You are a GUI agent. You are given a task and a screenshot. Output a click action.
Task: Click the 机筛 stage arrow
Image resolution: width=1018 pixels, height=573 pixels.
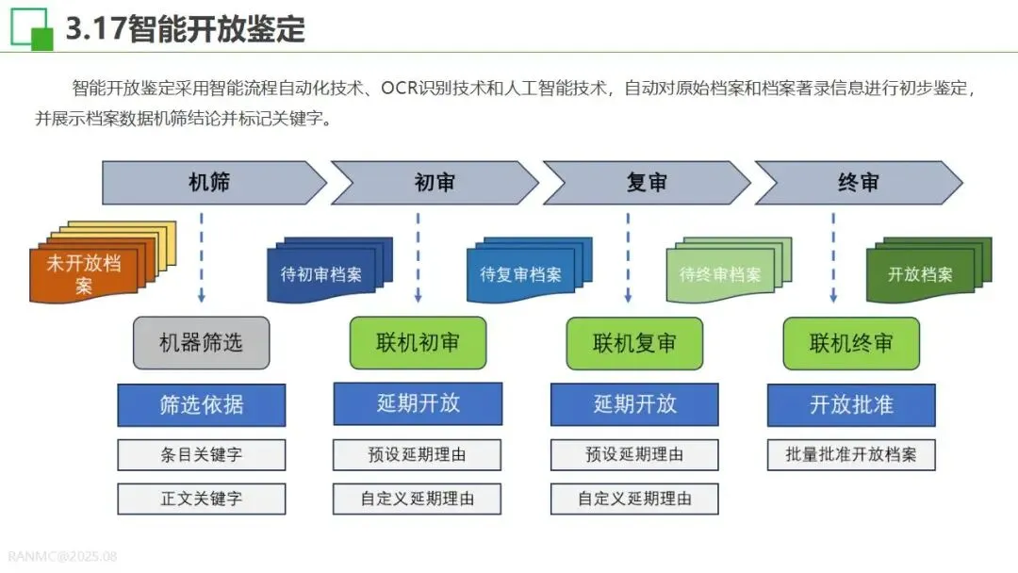pyautogui.click(x=209, y=183)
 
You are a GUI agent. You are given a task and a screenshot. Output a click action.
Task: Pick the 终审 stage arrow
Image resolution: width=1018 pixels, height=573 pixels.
pyautogui.click(x=858, y=183)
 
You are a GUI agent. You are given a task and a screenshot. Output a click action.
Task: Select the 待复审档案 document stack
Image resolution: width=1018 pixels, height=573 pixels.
pyautogui.click(x=520, y=274)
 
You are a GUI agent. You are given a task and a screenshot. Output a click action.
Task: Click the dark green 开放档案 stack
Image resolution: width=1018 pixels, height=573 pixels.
pyautogui.click(x=920, y=274)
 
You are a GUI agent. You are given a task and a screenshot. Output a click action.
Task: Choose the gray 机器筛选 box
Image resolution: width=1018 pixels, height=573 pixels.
pyautogui.click(x=201, y=342)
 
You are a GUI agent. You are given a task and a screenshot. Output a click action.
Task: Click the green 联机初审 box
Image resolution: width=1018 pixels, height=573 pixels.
pyautogui.click(x=418, y=342)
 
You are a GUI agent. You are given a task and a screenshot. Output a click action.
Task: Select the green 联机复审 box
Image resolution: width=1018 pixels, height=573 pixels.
pyautogui.click(x=634, y=342)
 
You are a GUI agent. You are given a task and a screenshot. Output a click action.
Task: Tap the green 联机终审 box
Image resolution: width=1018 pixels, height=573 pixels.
pyautogui.click(x=851, y=342)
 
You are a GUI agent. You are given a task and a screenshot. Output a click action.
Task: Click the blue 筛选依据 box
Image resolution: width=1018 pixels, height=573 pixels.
pyautogui.click(x=201, y=404)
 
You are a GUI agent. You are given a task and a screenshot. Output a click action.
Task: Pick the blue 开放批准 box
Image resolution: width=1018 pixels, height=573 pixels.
pyautogui.click(x=851, y=404)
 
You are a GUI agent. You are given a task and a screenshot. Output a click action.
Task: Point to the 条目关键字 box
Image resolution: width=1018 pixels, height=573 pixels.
pyautogui.click(x=201, y=454)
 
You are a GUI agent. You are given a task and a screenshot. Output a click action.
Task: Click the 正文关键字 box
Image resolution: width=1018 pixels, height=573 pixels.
pyautogui.click(x=201, y=499)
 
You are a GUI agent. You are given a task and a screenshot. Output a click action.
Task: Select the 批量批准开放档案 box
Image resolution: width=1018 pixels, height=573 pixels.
pyautogui.click(x=851, y=454)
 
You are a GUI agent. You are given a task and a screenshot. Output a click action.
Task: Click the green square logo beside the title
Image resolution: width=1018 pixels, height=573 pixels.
pyautogui.click(x=31, y=28)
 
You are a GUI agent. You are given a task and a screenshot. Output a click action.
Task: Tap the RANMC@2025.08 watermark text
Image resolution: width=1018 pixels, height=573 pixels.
pyautogui.click(x=61, y=556)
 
